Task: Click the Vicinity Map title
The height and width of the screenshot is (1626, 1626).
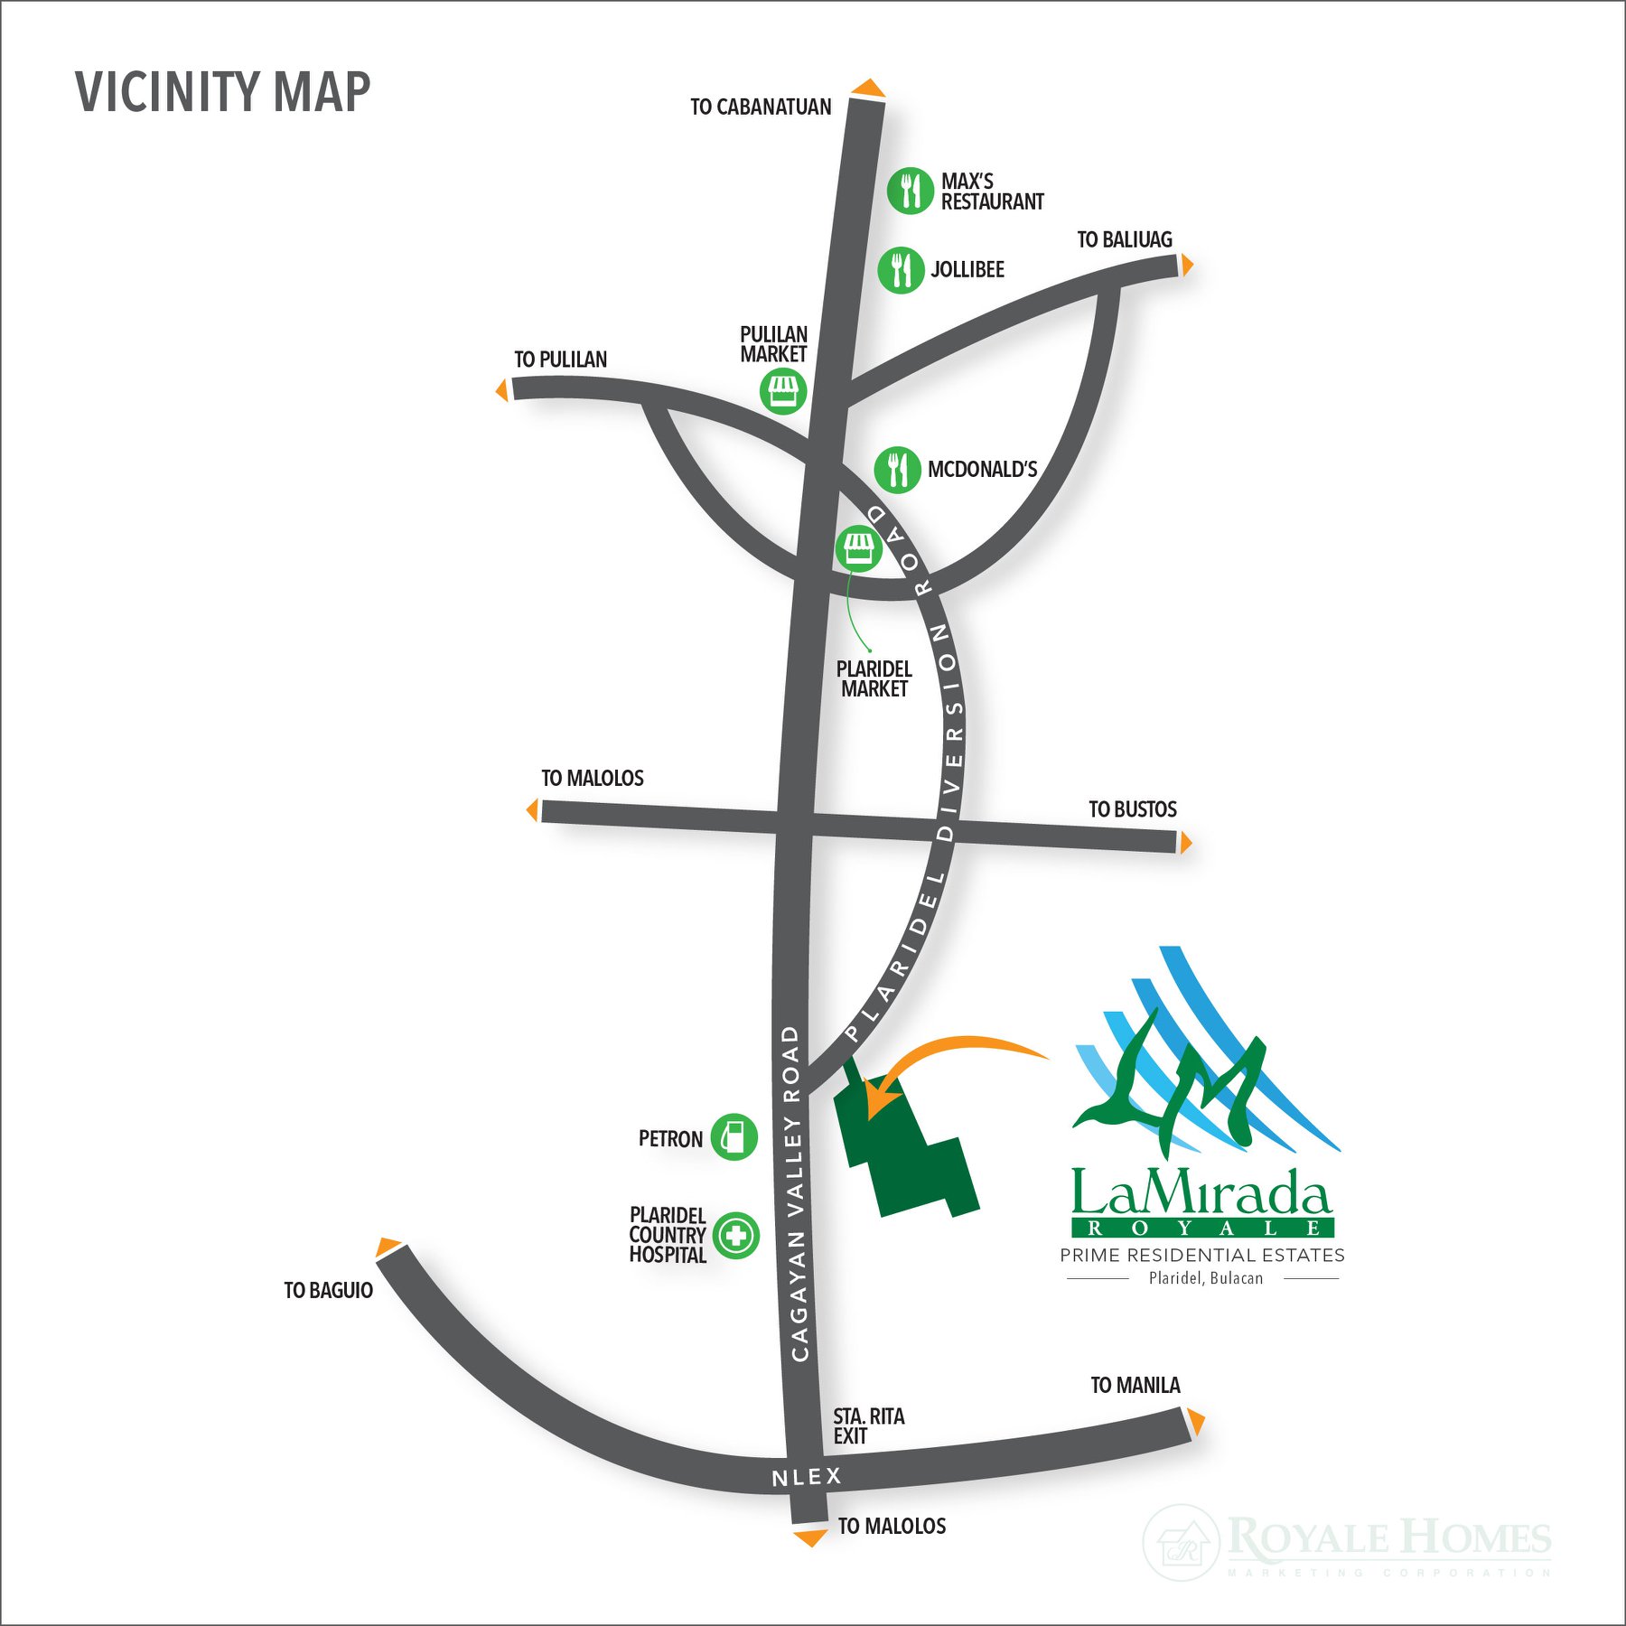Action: (x=222, y=92)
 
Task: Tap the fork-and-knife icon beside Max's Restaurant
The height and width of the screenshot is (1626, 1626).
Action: (x=910, y=191)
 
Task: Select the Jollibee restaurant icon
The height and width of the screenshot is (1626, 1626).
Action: (x=901, y=269)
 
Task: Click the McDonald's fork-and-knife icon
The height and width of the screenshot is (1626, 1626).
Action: (x=897, y=470)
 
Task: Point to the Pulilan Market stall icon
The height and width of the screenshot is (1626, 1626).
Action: (x=782, y=391)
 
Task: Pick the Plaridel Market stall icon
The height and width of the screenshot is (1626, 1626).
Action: (x=857, y=548)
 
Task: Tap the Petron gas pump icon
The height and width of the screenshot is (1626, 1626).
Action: (x=734, y=1137)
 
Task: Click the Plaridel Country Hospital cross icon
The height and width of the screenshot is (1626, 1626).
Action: (x=735, y=1236)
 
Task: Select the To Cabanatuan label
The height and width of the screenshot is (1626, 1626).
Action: (x=761, y=107)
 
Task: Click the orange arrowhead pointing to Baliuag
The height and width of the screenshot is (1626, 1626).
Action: (x=1187, y=265)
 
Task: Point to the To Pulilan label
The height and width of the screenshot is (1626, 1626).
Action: (x=560, y=360)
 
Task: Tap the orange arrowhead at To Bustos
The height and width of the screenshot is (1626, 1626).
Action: (x=1186, y=843)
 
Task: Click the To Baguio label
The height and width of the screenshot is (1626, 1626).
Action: (x=328, y=1291)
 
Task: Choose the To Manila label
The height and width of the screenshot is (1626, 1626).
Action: (x=1135, y=1386)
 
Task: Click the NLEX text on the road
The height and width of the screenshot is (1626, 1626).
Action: (x=807, y=1477)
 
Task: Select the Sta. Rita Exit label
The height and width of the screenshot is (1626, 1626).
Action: (x=868, y=1426)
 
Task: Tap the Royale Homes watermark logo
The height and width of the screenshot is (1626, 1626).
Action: (x=1346, y=1541)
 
